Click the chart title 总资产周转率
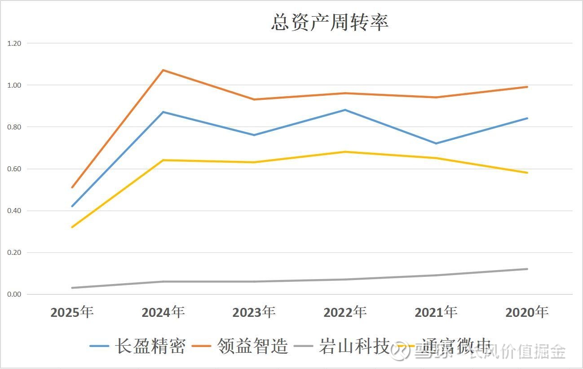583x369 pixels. coord(330,22)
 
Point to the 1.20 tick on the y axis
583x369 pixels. coord(14,43)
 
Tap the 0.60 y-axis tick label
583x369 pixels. coord(14,169)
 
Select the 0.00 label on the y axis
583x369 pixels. coord(14,294)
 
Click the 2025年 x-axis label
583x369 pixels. coord(72,312)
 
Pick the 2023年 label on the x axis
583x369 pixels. coord(254,312)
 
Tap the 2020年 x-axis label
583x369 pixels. coord(527,312)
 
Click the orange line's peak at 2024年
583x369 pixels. coord(163,70)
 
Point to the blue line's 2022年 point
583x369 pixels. coord(345,110)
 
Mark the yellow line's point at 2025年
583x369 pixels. coord(72,227)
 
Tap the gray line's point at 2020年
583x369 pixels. coord(527,269)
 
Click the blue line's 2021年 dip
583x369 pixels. coord(436,143)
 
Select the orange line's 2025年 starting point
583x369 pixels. coord(72,187)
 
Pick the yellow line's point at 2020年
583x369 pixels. coord(527,173)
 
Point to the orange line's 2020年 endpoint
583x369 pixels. coord(527,87)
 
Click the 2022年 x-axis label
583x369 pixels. coord(345,312)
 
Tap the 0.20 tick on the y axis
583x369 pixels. coord(14,253)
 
